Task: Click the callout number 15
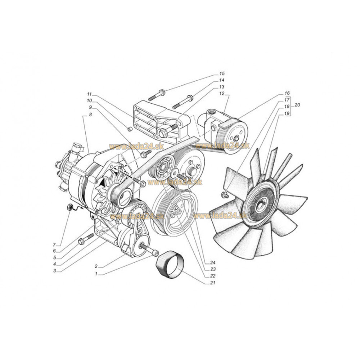point(221,74)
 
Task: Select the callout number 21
point(213,283)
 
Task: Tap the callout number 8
point(90,114)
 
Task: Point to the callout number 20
point(297,105)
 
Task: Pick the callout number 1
point(96,274)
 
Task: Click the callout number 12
point(221,94)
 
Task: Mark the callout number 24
point(213,263)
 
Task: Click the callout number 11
point(89,94)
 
